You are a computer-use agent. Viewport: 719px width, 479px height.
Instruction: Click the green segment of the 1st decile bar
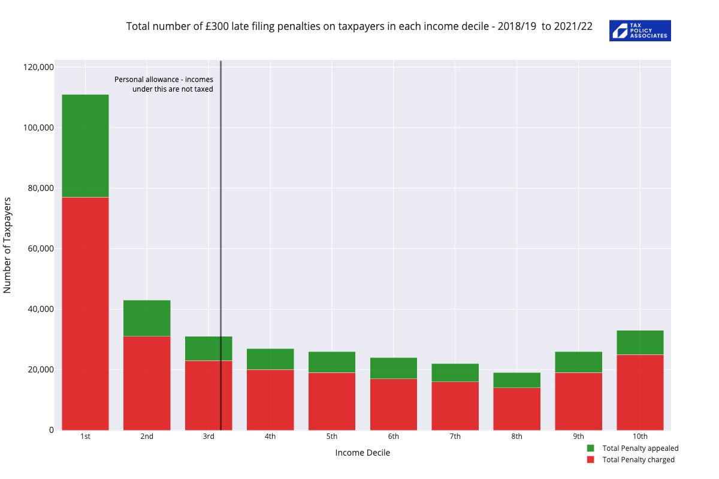pyautogui.click(x=85, y=145)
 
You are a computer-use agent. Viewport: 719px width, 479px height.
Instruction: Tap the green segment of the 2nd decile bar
pyautogui.click(x=147, y=318)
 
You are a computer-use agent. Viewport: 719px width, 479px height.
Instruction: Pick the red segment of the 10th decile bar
pyautogui.click(x=640, y=392)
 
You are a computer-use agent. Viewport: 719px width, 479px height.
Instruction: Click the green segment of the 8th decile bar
pyautogui.click(x=516, y=380)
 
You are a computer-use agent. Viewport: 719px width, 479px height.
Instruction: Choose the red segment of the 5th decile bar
pyautogui.click(x=332, y=401)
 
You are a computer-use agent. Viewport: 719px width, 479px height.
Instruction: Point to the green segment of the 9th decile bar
pyautogui.click(x=578, y=362)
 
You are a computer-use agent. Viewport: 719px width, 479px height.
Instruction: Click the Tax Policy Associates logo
pyautogui.click(x=640, y=31)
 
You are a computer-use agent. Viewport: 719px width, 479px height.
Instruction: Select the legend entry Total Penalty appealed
pyautogui.click(x=640, y=448)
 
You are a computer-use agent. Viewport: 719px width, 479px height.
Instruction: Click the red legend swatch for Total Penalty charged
pyautogui.click(x=590, y=460)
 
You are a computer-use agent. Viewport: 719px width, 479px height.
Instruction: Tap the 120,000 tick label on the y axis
pyautogui.click(x=38, y=67)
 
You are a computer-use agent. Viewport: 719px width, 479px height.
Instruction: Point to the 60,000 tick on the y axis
pyautogui.click(x=41, y=248)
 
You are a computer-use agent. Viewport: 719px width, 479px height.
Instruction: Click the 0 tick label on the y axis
pyautogui.click(x=51, y=430)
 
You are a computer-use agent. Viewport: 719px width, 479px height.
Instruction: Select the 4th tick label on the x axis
pyautogui.click(x=270, y=436)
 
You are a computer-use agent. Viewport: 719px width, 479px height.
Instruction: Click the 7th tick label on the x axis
pyautogui.click(x=455, y=436)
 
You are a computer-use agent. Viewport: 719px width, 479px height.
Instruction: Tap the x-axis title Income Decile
pyautogui.click(x=362, y=453)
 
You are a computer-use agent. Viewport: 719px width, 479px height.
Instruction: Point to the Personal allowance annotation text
pyautogui.click(x=164, y=84)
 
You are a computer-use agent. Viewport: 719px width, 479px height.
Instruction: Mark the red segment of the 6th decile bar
pyautogui.click(x=394, y=404)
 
